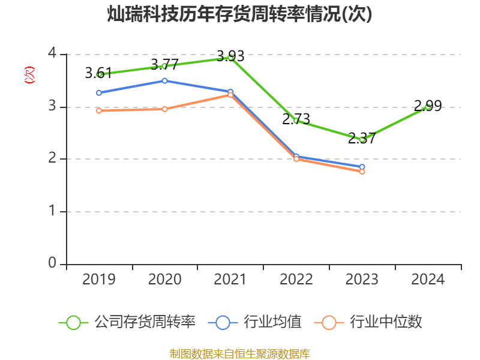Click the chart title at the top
(239, 14)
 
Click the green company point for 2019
(99, 74)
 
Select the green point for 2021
(230, 58)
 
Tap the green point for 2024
(428, 107)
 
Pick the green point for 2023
(362, 139)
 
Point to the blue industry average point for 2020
(164, 80)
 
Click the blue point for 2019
(99, 92)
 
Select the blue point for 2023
(362, 167)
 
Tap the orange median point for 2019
(99, 110)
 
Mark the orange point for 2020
(164, 109)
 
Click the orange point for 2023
(362, 172)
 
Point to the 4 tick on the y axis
(52, 54)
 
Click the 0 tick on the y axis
(52, 264)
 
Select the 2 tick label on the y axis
(52, 159)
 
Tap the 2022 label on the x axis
(296, 280)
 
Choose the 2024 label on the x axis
(428, 280)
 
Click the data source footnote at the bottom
(239, 353)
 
